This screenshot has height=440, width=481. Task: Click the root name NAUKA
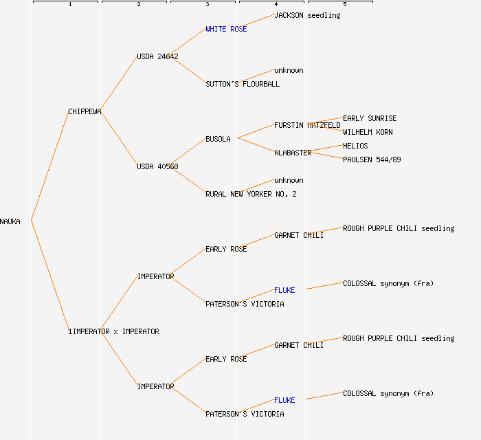pyautogui.click(x=10, y=221)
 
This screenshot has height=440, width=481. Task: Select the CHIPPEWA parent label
pyautogui.click(x=85, y=111)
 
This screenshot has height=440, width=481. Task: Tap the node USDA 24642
pyautogui.click(x=157, y=56)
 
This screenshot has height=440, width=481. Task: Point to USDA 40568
pyautogui.click(x=157, y=166)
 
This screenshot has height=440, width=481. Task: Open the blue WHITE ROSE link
pyautogui.click(x=226, y=29)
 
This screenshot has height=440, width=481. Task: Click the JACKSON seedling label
pyautogui.click(x=307, y=15)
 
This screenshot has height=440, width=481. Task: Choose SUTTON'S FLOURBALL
pyautogui.click(x=243, y=84)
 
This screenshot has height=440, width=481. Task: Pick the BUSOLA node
pyautogui.click(x=218, y=139)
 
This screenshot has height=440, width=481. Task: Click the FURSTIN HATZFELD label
pyautogui.click(x=307, y=125)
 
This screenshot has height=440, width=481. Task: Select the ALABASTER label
pyautogui.click(x=293, y=153)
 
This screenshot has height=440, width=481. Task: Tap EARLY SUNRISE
pyautogui.click(x=370, y=118)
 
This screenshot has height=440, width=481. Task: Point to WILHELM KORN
pyautogui.click(x=368, y=132)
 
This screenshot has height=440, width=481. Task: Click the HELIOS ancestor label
pyautogui.click(x=355, y=146)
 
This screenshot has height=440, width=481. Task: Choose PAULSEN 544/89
pyautogui.click(x=372, y=159)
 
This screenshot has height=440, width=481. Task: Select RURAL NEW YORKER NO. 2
pyautogui.click(x=251, y=194)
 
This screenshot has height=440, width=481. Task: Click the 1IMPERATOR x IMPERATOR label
pyautogui.click(x=113, y=331)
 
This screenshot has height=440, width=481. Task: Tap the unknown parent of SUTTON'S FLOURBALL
pyautogui.click(x=289, y=70)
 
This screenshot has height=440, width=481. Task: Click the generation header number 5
pyautogui.click(x=345, y=5)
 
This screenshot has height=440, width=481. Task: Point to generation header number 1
pyautogui.click(x=70, y=5)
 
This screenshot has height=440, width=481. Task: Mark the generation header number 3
pyautogui.click(x=208, y=5)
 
